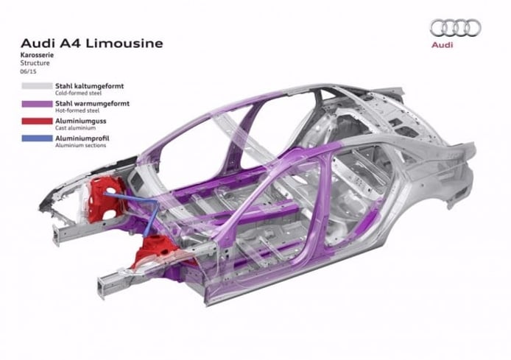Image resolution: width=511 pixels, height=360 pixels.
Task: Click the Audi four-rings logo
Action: pyautogui.click(x=456, y=28)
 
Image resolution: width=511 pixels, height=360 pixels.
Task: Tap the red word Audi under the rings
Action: pyautogui.click(x=443, y=45)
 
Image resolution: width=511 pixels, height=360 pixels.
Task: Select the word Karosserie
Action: pyautogui.click(x=37, y=54)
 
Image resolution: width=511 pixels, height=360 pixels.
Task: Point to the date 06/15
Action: pyautogui.click(x=29, y=71)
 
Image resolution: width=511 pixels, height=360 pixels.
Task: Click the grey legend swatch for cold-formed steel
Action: pyautogui.click(x=37, y=86)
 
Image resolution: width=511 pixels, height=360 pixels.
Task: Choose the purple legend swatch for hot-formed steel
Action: pyautogui.click(x=37, y=104)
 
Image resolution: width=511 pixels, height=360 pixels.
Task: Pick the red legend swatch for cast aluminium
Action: pyautogui.click(x=37, y=121)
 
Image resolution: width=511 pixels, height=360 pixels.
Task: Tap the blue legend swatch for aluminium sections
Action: pyautogui.click(x=37, y=138)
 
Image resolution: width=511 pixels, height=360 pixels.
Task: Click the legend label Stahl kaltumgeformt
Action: pyautogui.click(x=89, y=86)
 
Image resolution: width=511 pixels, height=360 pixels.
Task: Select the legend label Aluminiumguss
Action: pyautogui.click(x=81, y=121)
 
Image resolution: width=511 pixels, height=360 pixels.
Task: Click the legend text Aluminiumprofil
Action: pyautogui.click(x=82, y=138)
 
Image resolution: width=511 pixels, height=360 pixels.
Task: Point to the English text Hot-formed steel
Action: pyautogui.click(x=77, y=110)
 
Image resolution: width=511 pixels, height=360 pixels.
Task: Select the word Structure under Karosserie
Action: pyautogui.click(x=35, y=63)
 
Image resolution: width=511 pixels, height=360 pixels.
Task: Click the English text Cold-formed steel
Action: pyautogui.click(x=78, y=93)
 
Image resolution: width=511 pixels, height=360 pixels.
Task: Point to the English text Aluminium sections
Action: pyautogui.click(x=80, y=145)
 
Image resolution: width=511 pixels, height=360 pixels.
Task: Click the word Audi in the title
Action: pyautogui.click(x=34, y=43)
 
